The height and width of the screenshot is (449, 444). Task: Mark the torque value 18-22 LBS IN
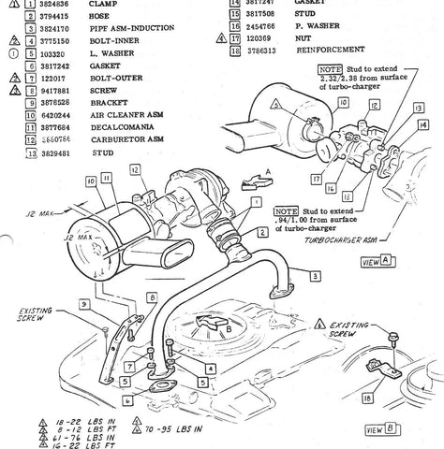pos(76,423)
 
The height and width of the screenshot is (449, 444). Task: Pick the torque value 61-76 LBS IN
pos(76,438)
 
